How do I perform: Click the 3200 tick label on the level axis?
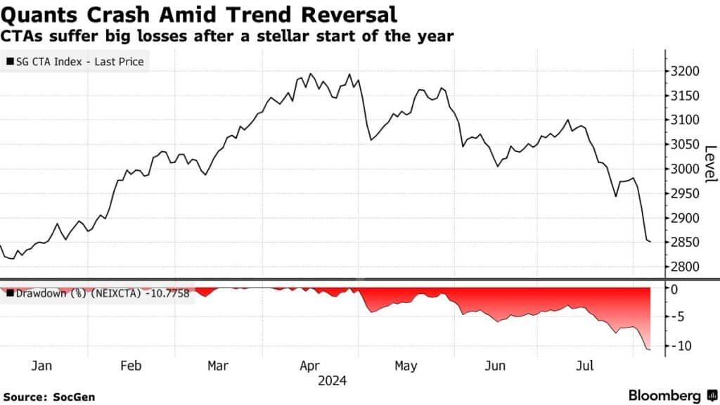point(684,71)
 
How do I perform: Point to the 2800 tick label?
point(684,266)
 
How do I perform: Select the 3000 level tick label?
point(684,169)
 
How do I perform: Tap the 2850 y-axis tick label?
point(684,242)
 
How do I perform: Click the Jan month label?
point(42,366)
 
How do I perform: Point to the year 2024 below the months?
point(334,381)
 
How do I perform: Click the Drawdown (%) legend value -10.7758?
point(166,292)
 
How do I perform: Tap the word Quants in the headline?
point(37,14)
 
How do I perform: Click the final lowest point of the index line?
point(650,242)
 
